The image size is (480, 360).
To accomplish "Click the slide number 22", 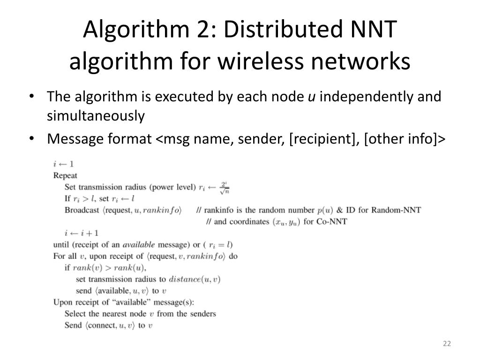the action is point(446,345).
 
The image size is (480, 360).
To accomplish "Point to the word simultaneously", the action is point(96,115).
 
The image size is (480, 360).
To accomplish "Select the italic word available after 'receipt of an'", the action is point(140,244).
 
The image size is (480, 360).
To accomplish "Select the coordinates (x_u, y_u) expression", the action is point(287,221).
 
